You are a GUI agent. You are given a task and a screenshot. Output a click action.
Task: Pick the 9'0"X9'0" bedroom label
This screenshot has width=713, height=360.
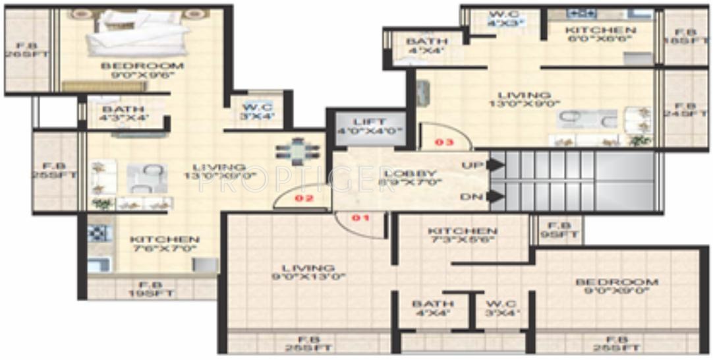617,286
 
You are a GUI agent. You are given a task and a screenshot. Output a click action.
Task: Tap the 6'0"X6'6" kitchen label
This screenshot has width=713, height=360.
601,35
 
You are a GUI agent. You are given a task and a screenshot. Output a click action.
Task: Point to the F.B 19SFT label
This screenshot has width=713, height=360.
152,289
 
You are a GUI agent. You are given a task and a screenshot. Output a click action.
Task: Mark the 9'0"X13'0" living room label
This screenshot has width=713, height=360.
307,272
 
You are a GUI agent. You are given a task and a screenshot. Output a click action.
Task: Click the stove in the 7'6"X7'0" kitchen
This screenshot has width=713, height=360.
98,232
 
